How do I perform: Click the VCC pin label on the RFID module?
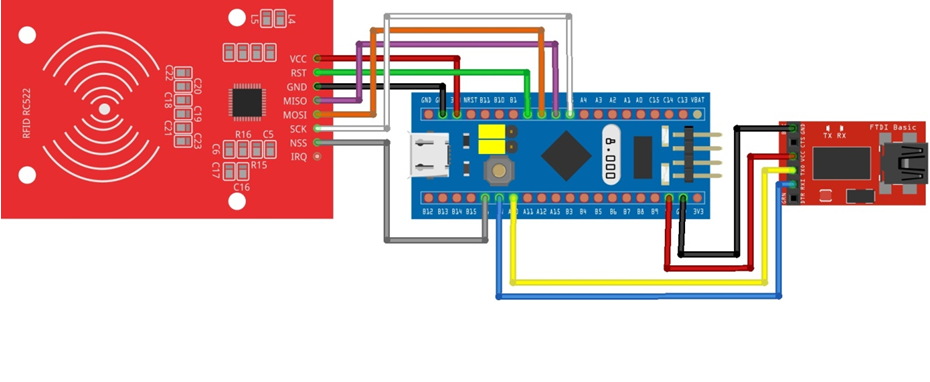pyautogui.click(x=298, y=59)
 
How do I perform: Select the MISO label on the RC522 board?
pyautogui.click(x=296, y=101)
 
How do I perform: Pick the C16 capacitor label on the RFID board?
pyautogui.click(x=241, y=187)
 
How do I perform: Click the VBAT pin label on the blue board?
pyautogui.click(x=698, y=100)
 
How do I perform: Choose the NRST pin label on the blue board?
pyautogui.click(x=471, y=100)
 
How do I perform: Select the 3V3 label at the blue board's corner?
pyautogui.click(x=698, y=211)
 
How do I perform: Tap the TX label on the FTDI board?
pyautogui.click(x=827, y=136)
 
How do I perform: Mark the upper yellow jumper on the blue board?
pyautogui.click(x=491, y=131)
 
